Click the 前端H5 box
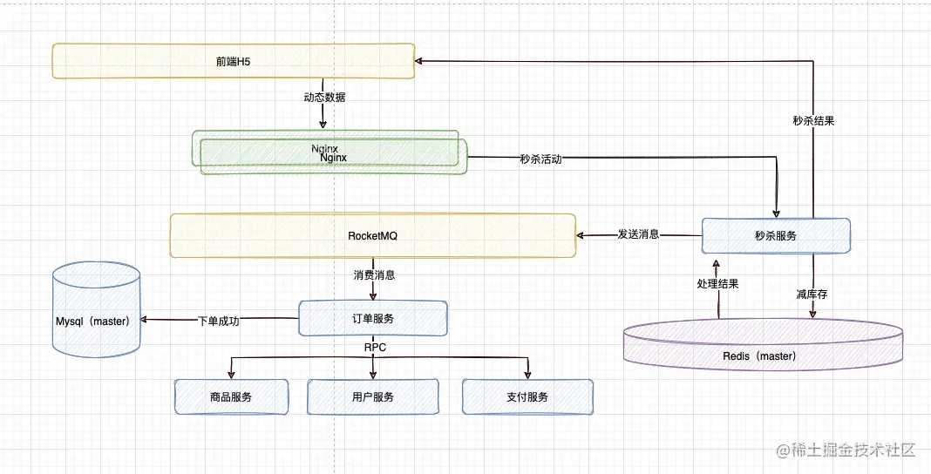tap(234, 60)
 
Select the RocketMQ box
tap(373, 235)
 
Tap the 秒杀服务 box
tap(777, 235)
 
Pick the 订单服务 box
tap(373, 319)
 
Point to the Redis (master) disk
tap(763, 344)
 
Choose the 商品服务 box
tap(231, 396)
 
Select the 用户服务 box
tap(372, 396)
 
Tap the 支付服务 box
tap(527, 396)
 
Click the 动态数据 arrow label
tap(323, 98)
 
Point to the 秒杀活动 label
tap(540, 159)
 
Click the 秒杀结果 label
tap(813, 120)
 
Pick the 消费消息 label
tap(374, 275)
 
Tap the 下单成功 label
tap(219, 322)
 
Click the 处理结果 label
tap(717, 284)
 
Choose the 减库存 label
tap(812, 295)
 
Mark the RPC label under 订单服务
tap(375, 348)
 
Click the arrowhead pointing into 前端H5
tap(418, 60)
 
